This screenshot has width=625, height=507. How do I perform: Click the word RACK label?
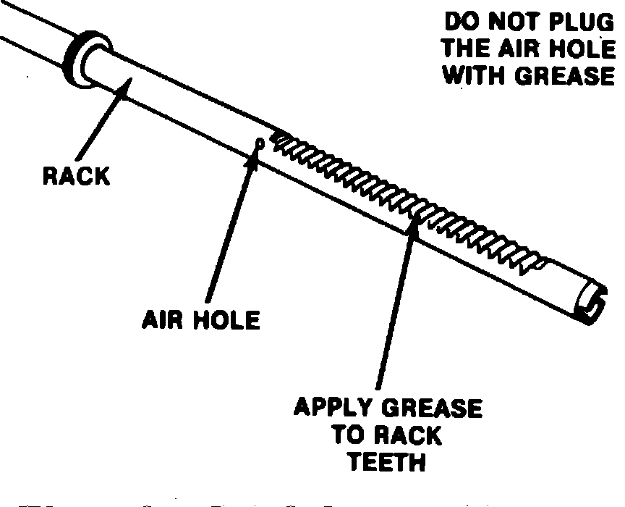coord(75,176)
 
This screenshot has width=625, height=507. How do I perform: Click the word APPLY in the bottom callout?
coord(331,408)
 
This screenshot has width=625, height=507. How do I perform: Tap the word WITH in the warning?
coord(477,75)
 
